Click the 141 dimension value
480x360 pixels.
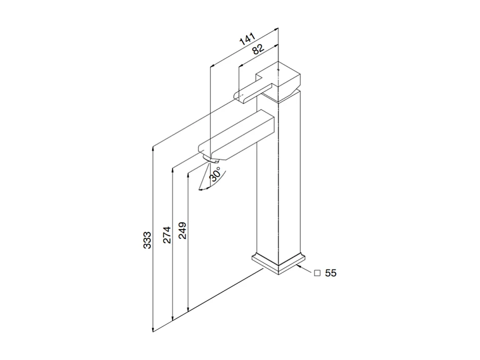pos(247,40)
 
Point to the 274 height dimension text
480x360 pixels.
pos(167,235)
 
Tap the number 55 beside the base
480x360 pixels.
pos(331,273)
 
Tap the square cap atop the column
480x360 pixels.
pos(282,80)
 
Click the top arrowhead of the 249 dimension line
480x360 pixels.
pos(188,175)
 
